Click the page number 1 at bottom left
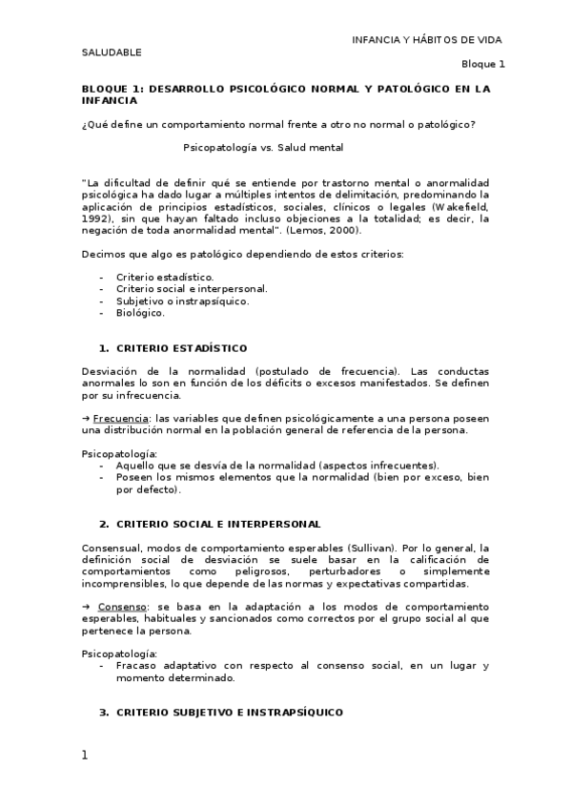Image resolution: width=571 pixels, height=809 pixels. [85, 756]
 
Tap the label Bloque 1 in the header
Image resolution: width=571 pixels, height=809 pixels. [483, 64]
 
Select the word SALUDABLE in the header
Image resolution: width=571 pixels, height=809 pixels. [111, 52]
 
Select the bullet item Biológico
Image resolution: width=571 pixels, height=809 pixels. [140, 312]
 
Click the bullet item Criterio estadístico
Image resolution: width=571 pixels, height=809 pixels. [158, 277]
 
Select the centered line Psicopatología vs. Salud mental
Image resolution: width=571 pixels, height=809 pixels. [263, 148]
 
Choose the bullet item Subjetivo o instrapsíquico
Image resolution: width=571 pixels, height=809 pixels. [182, 301]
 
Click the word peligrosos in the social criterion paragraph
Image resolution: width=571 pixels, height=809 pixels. [267, 571]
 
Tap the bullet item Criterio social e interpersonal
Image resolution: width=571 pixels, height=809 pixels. [192, 288]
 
